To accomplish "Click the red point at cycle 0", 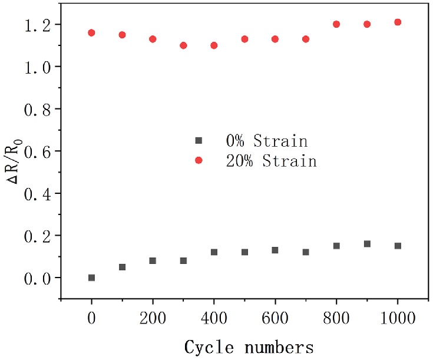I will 91,33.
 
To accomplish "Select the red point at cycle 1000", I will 398,22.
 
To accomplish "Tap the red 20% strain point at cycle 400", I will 214,45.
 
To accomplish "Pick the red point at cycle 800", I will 336,24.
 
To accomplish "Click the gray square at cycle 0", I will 91,278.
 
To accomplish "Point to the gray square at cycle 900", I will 367,244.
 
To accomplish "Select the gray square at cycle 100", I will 122,267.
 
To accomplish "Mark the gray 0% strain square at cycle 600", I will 275,250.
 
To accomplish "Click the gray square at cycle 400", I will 214,252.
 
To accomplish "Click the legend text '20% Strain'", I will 272,161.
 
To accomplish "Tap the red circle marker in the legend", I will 199,160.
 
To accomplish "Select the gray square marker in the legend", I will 199,141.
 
